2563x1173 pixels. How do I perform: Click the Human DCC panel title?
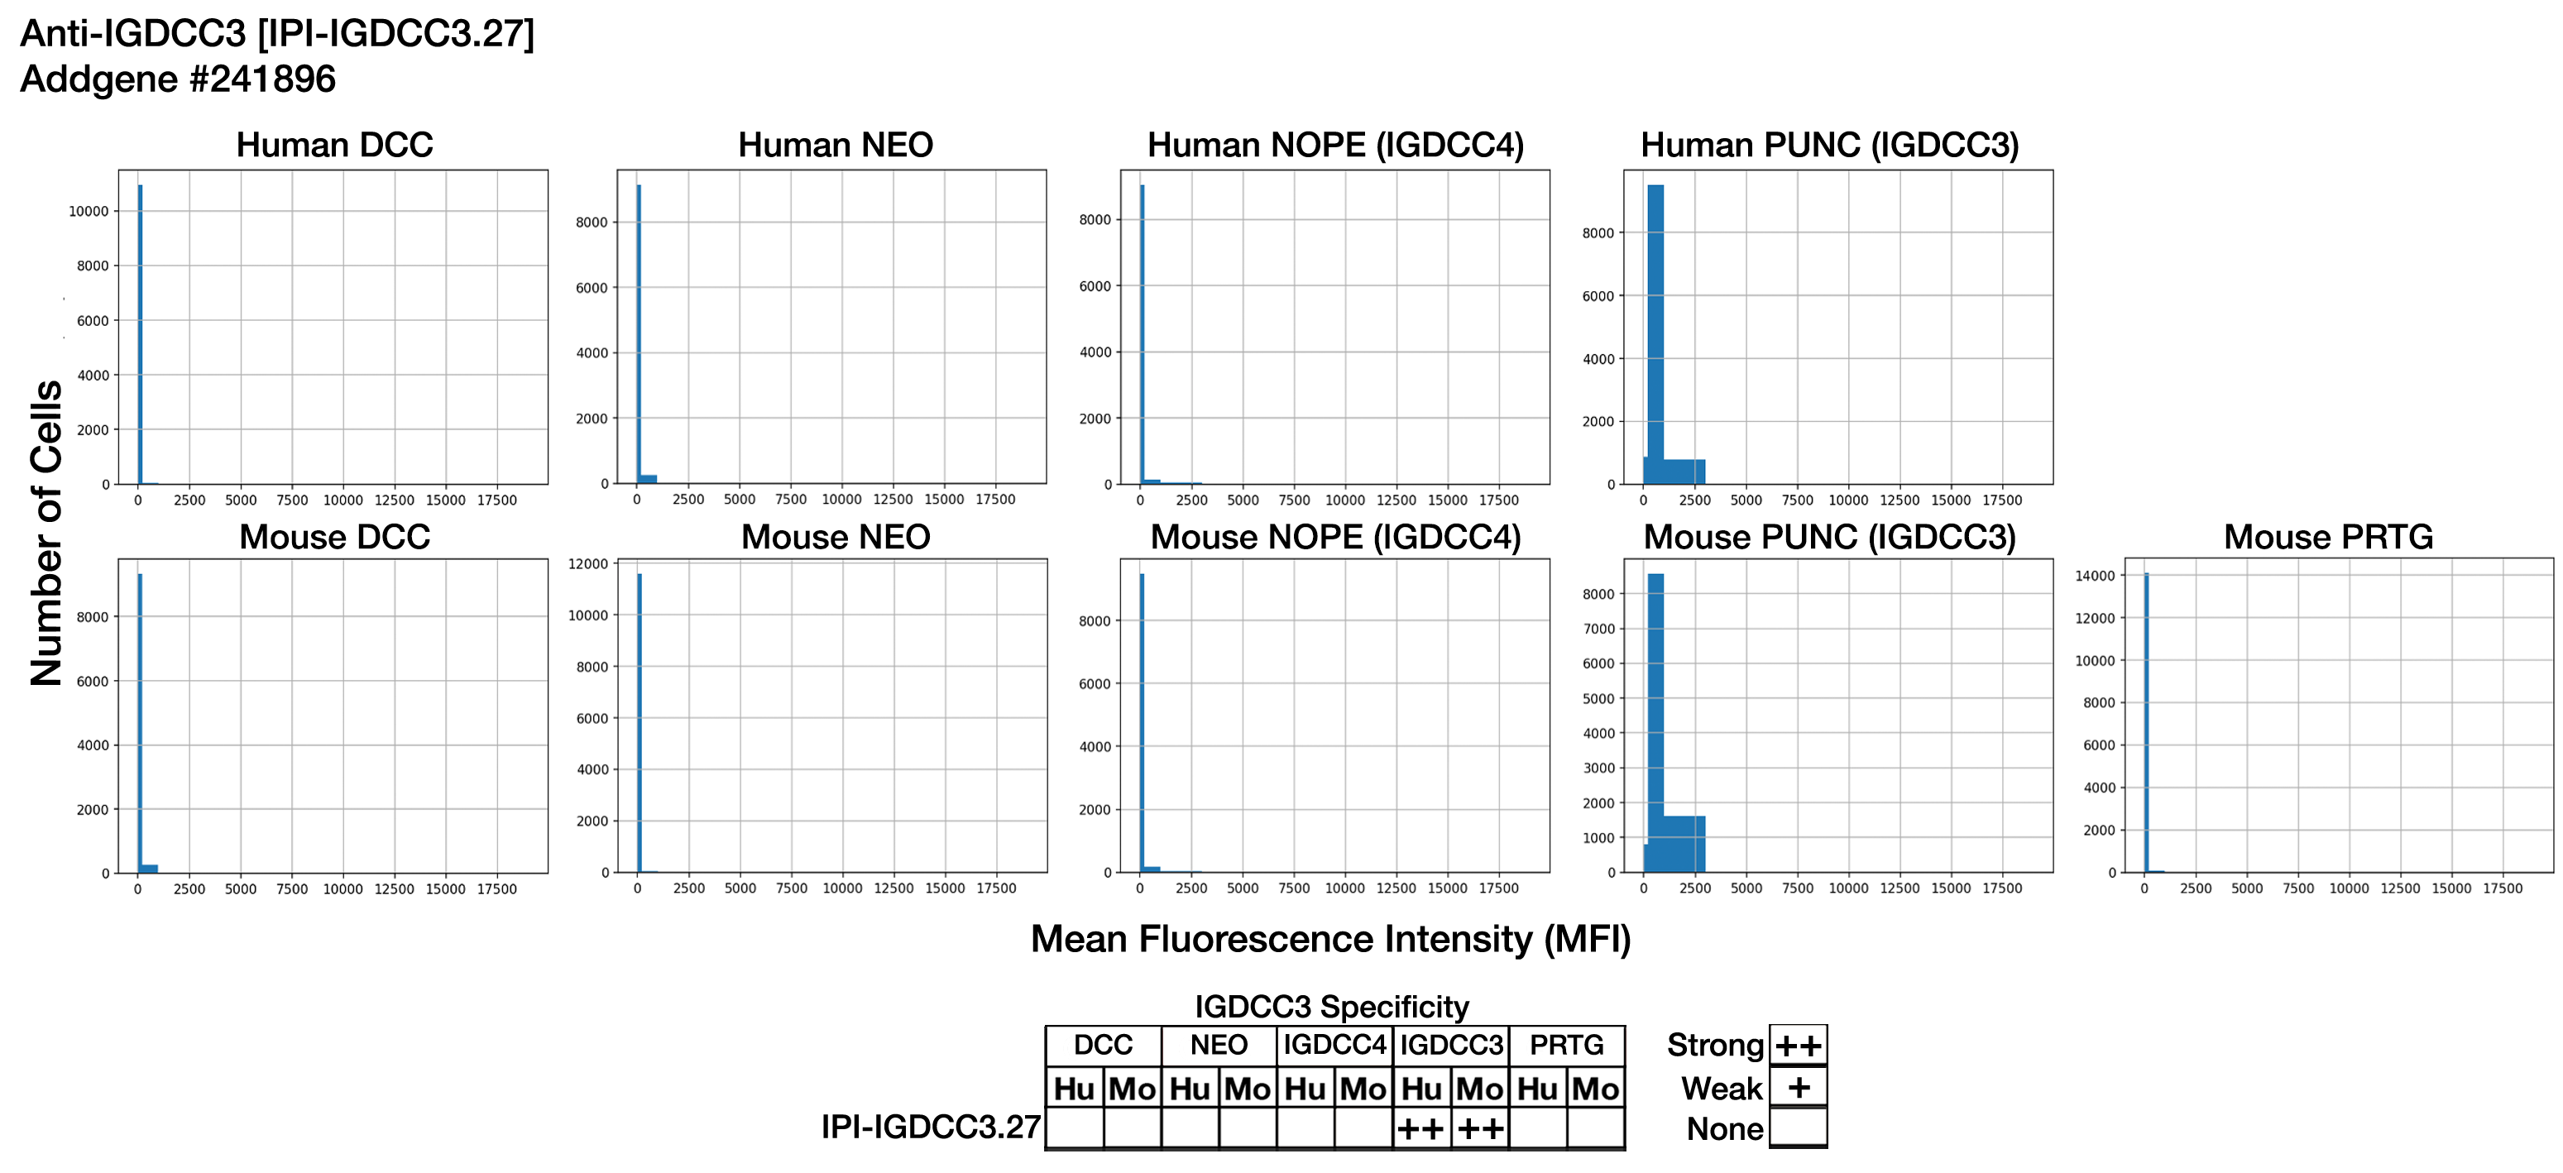334,146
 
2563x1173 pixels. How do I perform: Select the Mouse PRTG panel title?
2328,537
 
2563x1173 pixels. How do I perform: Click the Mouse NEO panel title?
836,537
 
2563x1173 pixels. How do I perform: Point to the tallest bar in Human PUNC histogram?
1655,328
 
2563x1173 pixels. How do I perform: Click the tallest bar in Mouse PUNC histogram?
1655,716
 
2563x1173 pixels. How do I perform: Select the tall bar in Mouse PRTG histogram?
2146,716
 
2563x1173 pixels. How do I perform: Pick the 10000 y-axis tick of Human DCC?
89,211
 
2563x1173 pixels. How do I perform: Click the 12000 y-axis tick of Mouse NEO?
588,564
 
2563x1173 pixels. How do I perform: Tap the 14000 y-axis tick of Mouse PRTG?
2095,576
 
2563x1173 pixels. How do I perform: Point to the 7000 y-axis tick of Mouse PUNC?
1599,629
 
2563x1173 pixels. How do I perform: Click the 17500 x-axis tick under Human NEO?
995,500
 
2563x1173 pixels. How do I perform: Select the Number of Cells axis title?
46,534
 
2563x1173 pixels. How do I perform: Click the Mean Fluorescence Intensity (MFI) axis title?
1330,939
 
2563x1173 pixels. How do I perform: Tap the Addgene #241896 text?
178,79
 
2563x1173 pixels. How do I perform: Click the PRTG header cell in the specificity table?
1567,1045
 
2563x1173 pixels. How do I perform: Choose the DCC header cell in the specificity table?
1103,1045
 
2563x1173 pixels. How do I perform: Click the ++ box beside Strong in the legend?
1798,1046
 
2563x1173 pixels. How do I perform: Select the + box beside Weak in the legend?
1798,1088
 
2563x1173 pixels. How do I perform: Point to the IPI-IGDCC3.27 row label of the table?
930,1128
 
